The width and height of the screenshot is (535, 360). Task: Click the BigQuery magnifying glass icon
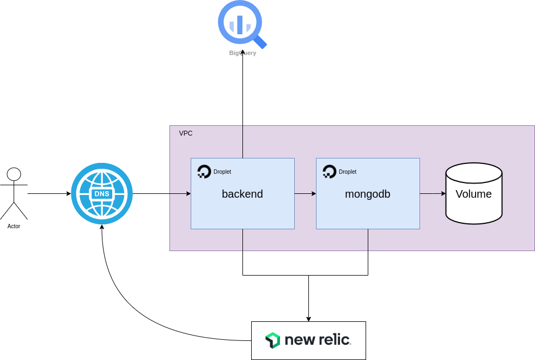tap(240, 23)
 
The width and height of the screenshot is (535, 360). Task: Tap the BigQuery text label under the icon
tap(242, 53)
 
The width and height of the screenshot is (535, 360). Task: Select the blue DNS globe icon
tap(102, 193)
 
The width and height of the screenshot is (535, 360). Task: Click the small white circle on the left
tap(14, 174)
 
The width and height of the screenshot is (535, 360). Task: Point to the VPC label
tap(186, 133)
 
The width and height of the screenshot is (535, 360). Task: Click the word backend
tap(242, 194)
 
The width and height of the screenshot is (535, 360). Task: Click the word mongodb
tap(368, 194)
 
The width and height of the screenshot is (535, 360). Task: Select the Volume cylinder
tap(473, 207)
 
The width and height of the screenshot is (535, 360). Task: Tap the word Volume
tap(473, 194)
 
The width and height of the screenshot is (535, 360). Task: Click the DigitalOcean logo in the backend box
tap(204, 172)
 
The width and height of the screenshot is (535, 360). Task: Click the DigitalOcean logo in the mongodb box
tap(330, 172)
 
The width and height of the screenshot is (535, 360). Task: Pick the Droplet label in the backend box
tap(222, 172)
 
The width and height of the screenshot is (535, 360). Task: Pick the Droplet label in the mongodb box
tap(348, 172)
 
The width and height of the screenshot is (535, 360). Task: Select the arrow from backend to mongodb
tap(305, 193)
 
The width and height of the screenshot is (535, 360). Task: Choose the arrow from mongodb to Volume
tap(433, 193)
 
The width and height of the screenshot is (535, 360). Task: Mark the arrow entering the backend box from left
tap(180, 193)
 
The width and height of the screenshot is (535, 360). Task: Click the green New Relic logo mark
tap(272, 340)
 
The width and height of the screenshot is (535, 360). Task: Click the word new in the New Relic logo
tap(299, 340)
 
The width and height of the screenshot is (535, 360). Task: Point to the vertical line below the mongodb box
tap(368, 240)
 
